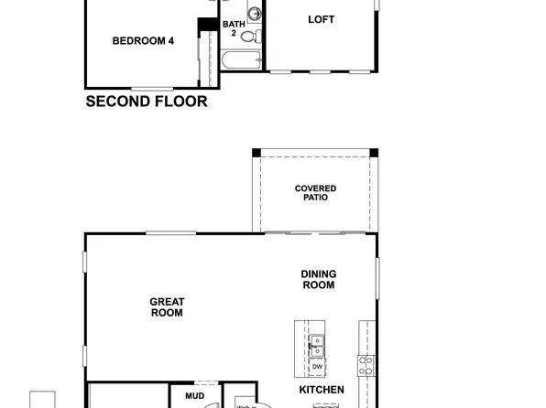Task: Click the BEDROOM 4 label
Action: (143, 40)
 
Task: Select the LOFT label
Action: (321, 19)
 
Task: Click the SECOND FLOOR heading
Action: (147, 102)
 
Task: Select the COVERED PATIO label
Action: (315, 193)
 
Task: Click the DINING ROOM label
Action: (318, 279)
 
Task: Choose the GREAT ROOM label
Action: (168, 307)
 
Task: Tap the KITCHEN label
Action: (322, 390)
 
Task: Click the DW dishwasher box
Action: (317, 367)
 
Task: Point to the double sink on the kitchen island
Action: (317, 345)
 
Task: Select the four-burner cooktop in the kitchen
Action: (366, 366)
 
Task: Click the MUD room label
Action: (194, 396)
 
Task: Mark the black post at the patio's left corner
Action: (257, 153)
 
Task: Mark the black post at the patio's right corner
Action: (373, 153)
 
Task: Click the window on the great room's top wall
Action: (170, 233)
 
